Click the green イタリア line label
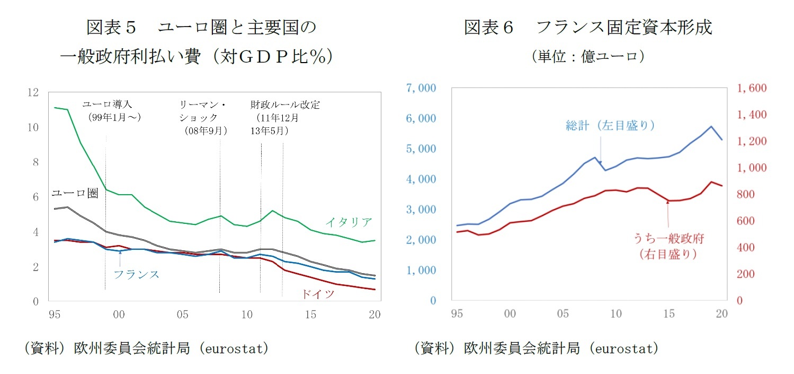click(x=349, y=222)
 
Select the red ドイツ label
click(x=318, y=294)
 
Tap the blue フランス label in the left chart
click(x=136, y=274)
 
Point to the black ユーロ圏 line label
click(x=75, y=194)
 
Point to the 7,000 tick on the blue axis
click(x=421, y=88)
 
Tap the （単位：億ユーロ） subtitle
click(x=588, y=57)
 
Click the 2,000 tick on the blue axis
click(x=421, y=240)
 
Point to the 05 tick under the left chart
click(x=182, y=315)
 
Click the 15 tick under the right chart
click(x=668, y=314)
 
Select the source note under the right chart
click(x=537, y=349)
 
